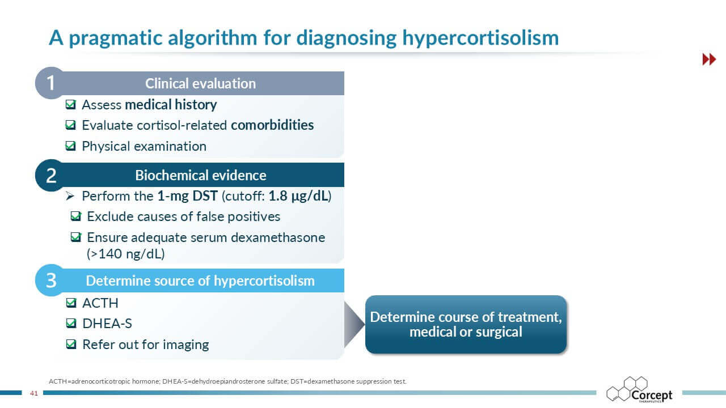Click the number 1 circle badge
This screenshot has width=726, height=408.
coord(51,83)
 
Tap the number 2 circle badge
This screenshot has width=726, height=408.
coord(51,175)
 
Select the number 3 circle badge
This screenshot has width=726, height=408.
coord(51,280)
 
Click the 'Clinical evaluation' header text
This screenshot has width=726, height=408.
coord(200,83)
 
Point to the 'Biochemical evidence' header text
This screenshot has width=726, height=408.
coord(201,175)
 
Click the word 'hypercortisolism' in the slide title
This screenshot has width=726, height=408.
coord(480,38)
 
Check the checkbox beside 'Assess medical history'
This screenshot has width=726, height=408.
coord(71,104)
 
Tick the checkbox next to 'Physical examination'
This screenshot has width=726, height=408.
coord(71,146)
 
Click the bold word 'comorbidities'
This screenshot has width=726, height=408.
coord(272,125)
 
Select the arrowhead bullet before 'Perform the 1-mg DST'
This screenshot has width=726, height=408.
coord(70,195)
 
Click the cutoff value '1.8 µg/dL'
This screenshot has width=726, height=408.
coord(298,196)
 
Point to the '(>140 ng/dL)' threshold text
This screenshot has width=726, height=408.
coord(126,253)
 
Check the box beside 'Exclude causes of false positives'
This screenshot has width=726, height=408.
coord(76,216)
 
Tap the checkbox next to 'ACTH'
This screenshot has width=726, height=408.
coord(71,303)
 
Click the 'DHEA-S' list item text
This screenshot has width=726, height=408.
coord(107,324)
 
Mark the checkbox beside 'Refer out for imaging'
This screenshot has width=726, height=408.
coord(71,344)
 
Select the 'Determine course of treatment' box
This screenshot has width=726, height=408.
coord(466,325)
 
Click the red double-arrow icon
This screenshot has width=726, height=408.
coord(709,59)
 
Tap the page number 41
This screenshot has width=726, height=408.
coord(33,393)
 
